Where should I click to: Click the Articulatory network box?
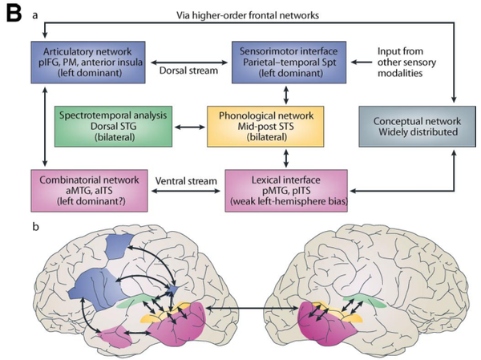(88, 63)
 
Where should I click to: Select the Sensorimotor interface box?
(289, 63)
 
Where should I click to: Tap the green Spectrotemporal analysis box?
(113, 127)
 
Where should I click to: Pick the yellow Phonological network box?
(265, 127)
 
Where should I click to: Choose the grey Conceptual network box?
(417, 127)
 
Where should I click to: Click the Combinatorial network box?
(89, 191)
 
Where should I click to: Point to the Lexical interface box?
(286, 191)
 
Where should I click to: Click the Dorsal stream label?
(188, 71)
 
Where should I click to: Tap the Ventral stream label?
(186, 180)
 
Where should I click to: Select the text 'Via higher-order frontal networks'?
(248, 15)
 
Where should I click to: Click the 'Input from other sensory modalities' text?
(406, 62)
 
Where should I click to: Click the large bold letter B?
(14, 14)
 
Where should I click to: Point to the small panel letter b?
(36, 227)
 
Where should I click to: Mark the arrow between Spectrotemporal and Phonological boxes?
(189, 127)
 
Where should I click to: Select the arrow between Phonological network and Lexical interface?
(286, 158)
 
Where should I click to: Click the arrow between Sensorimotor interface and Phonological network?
(286, 95)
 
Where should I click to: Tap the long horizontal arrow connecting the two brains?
(253, 308)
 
